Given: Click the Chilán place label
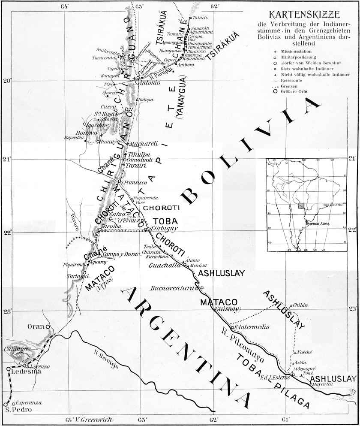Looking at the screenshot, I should [x=301, y=305].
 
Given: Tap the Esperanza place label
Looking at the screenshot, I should [x=29, y=403].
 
